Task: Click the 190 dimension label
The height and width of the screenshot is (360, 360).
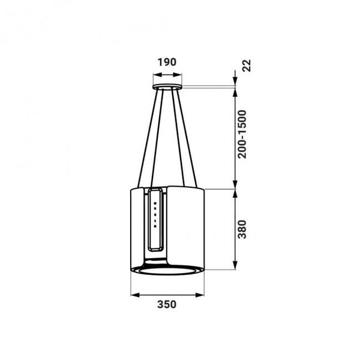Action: (167, 62)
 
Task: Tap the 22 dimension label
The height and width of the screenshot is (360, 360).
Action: (247, 65)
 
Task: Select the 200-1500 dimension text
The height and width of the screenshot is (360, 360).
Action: (242, 134)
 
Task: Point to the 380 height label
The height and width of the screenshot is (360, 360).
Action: (242, 229)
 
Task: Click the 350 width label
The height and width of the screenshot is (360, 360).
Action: (167, 304)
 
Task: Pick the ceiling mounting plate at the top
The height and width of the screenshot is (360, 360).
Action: (167, 87)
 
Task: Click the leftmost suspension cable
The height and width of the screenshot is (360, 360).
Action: (148, 139)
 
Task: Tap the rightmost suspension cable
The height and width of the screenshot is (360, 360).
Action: (187, 138)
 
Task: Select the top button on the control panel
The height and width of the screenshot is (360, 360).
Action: (155, 203)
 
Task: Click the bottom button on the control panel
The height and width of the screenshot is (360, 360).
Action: (155, 226)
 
